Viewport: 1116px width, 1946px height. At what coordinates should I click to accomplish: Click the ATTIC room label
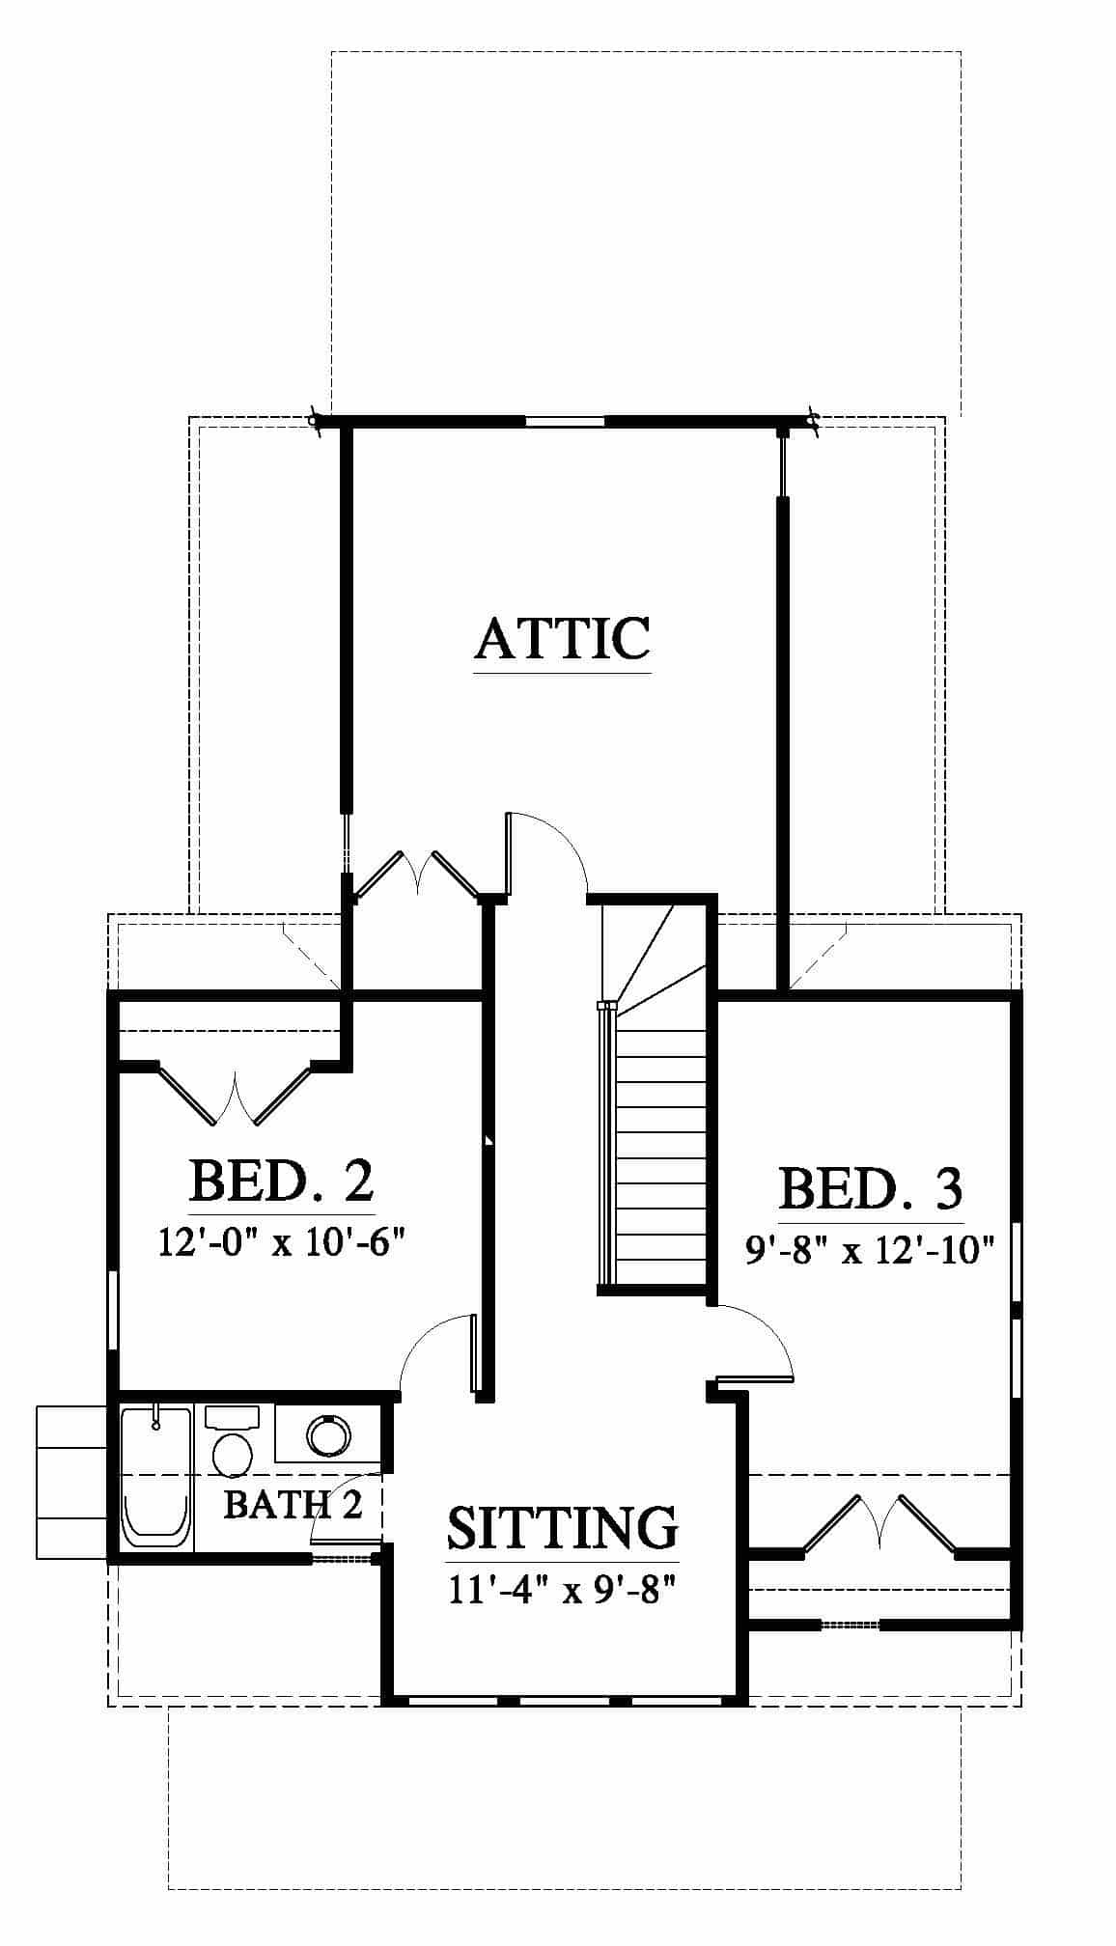[x=563, y=638]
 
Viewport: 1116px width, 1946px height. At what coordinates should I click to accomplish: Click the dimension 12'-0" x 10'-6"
[x=279, y=1242]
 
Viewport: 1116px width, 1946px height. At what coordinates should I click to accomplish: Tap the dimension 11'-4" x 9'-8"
[x=560, y=1588]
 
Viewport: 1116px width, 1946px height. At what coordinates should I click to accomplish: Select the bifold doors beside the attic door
[x=416, y=874]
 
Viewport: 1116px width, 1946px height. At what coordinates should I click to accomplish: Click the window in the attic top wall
[x=565, y=421]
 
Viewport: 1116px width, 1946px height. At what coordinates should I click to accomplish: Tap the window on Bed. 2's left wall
[x=112, y=1309]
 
